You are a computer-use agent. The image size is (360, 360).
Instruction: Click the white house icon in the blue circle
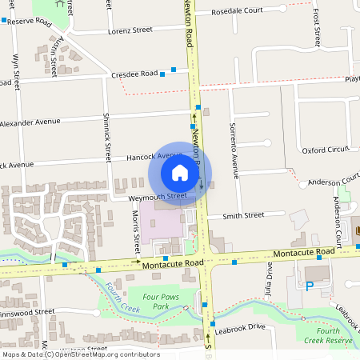180,172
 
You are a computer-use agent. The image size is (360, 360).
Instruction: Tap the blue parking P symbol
309,286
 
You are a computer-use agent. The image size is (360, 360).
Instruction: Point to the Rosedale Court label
237,12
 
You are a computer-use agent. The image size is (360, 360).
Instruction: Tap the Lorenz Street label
131,30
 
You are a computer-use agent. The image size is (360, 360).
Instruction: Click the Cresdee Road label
134,73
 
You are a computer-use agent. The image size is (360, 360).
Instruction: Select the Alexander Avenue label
30,123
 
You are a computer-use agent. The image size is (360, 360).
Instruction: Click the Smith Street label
243,215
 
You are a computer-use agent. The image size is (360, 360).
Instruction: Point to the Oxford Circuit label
326,150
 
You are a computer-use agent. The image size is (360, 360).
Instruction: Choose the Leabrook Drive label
240,326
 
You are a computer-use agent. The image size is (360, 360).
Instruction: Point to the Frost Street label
317,26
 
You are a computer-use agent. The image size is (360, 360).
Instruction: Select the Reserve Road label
29,21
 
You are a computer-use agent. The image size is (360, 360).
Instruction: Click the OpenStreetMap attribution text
80,354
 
